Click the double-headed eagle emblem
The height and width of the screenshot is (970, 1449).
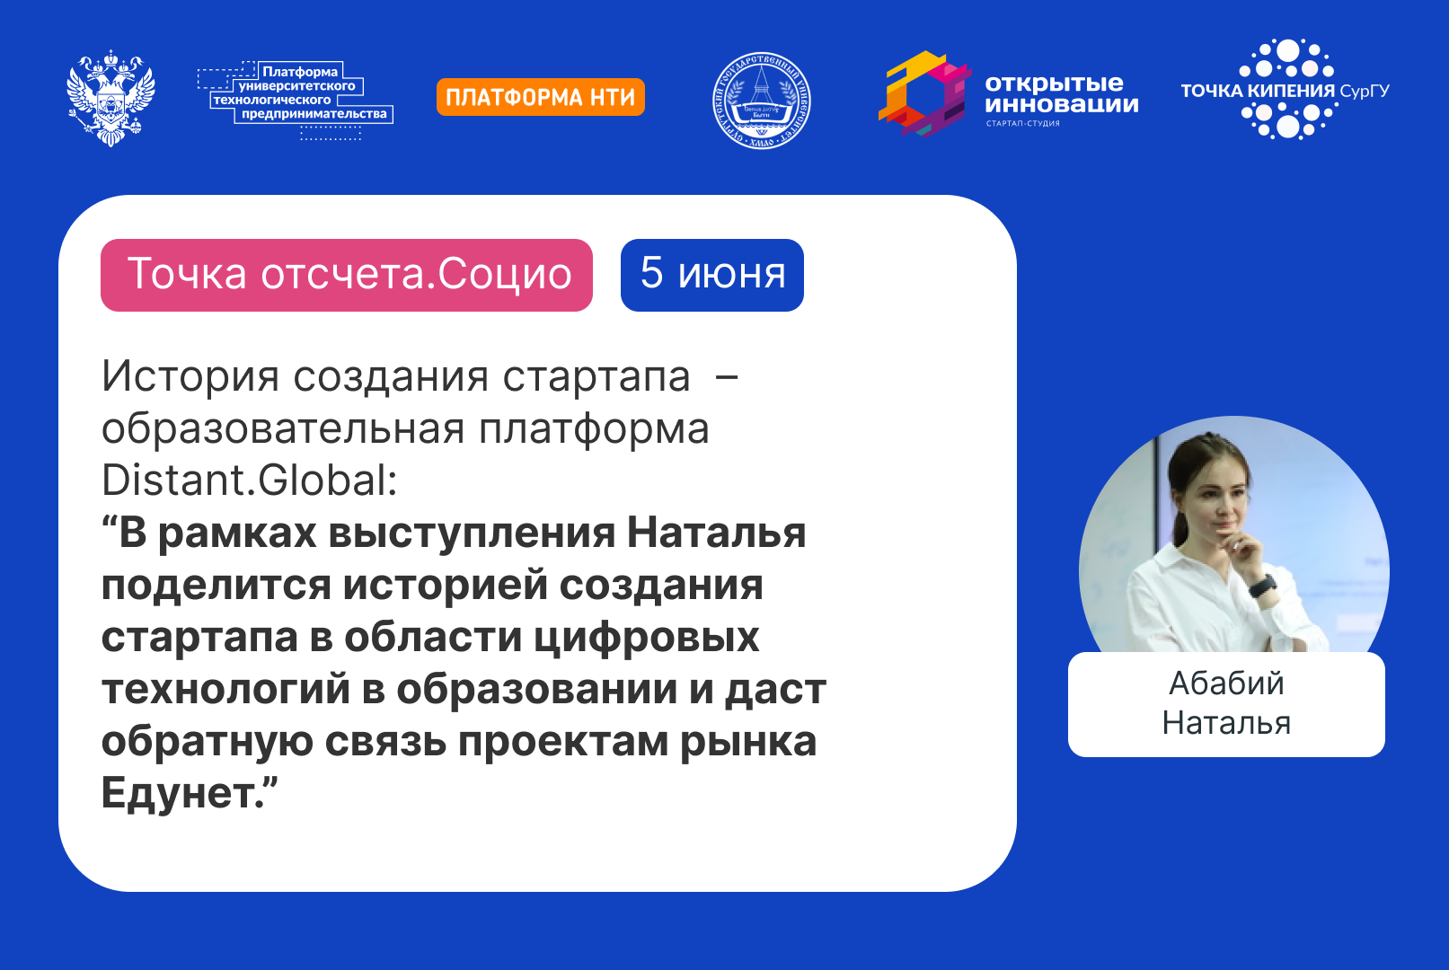click(110, 98)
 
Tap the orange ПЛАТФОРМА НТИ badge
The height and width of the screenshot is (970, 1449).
click(540, 97)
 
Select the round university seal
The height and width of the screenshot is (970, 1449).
click(762, 100)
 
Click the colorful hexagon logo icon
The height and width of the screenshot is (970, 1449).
click(923, 94)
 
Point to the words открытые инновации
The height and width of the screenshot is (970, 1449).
click(1060, 93)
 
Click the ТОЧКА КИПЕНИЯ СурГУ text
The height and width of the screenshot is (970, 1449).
click(1285, 91)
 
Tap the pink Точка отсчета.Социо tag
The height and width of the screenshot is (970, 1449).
click(347, 275)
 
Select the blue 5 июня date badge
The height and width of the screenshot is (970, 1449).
click(711, 275)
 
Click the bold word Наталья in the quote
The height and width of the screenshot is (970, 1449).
click(716, 533)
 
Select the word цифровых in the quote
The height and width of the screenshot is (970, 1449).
click(647, 637)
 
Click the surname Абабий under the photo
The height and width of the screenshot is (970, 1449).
click(1226, 683)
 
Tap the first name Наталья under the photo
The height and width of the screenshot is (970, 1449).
click(1226, 723)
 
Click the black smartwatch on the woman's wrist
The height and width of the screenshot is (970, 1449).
click(1262, 586)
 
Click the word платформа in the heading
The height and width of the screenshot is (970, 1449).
click(594, 428)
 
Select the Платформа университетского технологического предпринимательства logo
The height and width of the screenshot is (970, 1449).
click(296, 97)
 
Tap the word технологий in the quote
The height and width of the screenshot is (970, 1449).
click(225, 689)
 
